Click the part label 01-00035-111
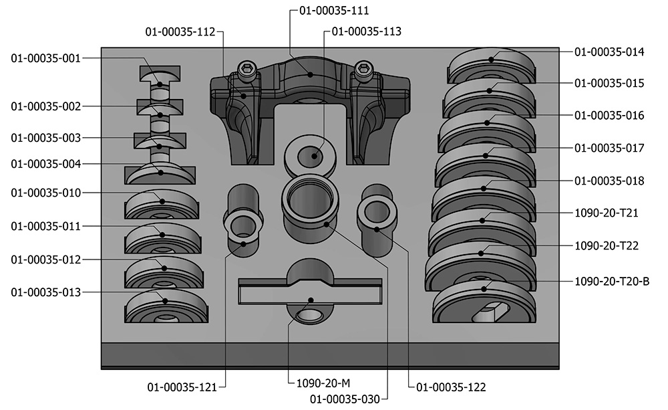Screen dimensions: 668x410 334,11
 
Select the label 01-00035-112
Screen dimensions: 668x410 180,32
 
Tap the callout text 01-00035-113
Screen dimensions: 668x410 366,31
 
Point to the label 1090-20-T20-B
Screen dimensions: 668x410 612,282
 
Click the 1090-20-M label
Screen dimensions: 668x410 323,383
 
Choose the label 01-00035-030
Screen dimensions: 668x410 345,399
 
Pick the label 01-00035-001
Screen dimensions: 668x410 45,58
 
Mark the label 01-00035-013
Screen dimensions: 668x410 45,293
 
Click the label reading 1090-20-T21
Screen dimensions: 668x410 607,213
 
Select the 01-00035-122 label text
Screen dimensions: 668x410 451,387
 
